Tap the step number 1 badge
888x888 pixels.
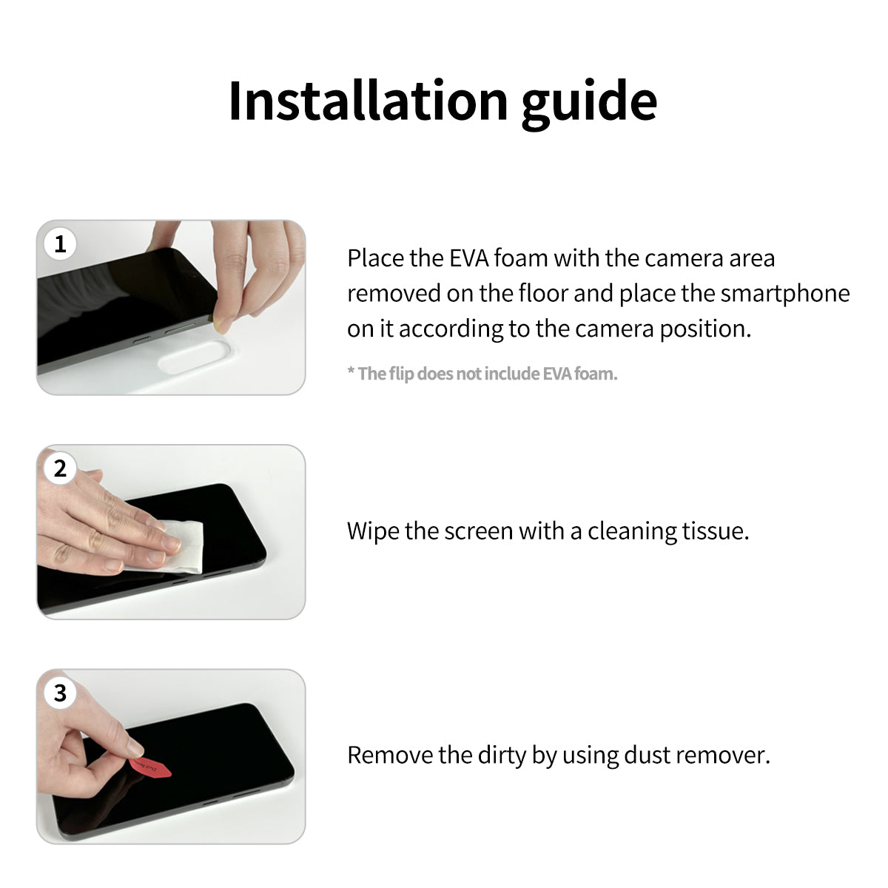(60, 243)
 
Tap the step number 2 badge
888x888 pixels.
(60, 468)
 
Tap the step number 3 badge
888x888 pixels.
(60, 693)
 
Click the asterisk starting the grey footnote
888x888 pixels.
(351, 371)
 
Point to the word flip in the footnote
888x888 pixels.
(401, 374)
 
